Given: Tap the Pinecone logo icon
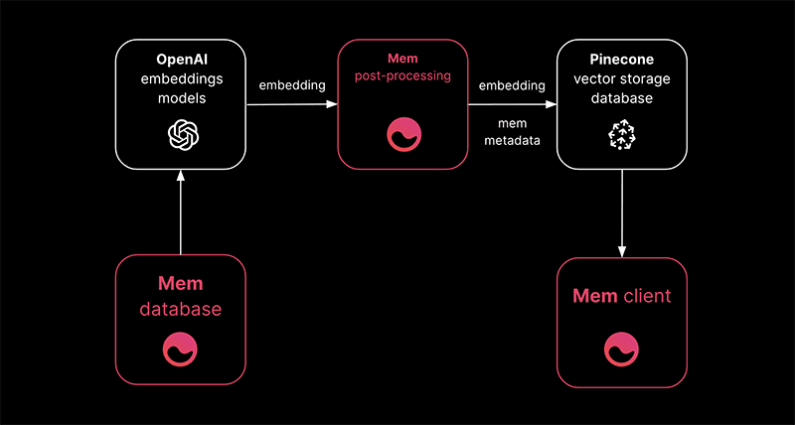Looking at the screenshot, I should tap(621, 137).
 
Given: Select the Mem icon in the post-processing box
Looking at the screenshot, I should tap(401, 135).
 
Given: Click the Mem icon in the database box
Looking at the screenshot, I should tap(181, 350).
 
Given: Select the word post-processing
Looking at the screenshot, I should tap(401, 76).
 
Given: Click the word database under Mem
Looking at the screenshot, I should tap(181, 310).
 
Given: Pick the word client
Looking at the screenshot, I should tap(647, 296).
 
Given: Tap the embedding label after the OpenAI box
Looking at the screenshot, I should tap(292, 84).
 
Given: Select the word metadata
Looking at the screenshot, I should tap(513, 140).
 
